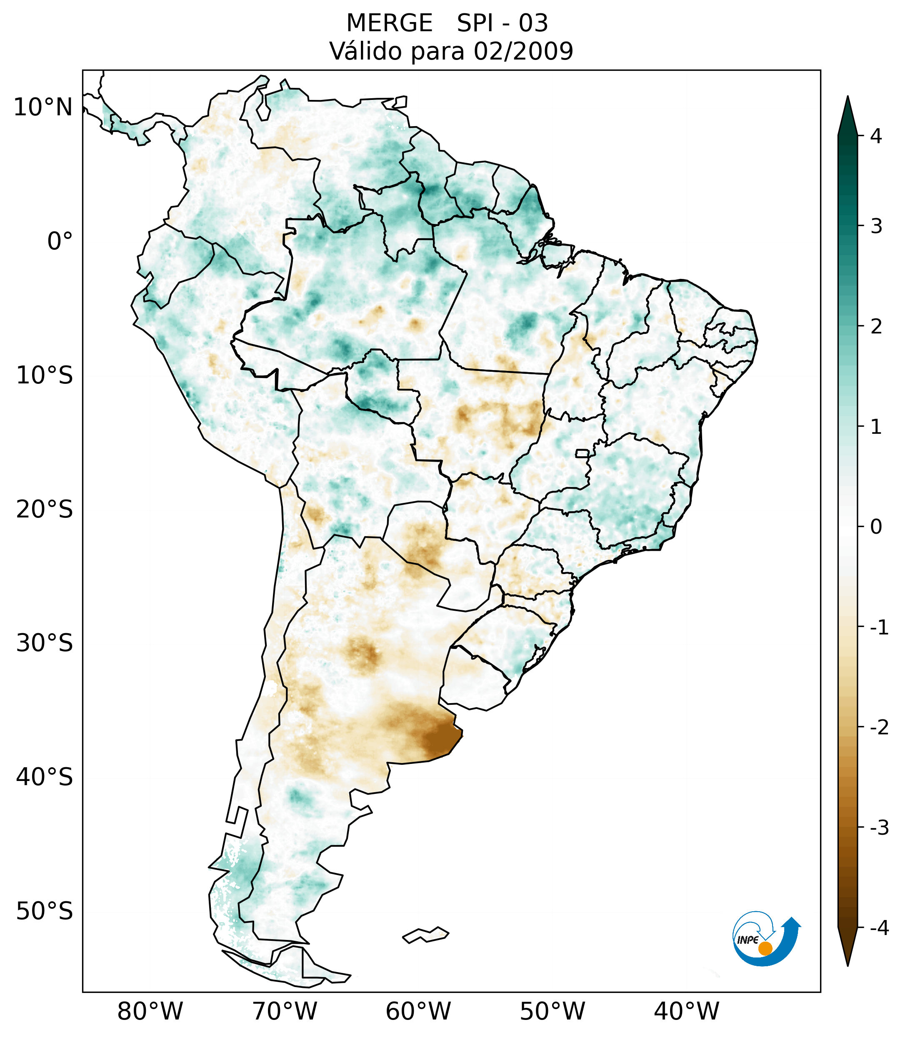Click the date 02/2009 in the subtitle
pos(523,51)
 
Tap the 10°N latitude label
pos(43,107)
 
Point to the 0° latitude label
pos(60,241)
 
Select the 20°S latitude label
pos(45,510)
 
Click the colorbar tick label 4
pos(876,136)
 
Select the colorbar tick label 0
pos(876,527)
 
